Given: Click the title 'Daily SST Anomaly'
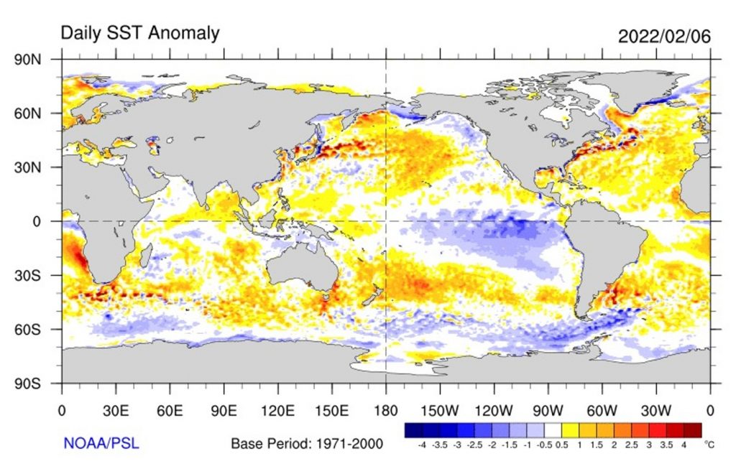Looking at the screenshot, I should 139,33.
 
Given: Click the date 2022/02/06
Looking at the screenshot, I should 665,37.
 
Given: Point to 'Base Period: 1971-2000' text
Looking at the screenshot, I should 307,444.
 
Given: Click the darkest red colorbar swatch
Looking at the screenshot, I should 693,429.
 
